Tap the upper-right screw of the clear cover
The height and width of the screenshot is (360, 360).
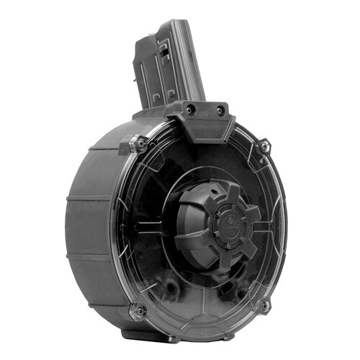coord(265,147)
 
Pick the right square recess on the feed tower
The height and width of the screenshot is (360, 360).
coord(171,94)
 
